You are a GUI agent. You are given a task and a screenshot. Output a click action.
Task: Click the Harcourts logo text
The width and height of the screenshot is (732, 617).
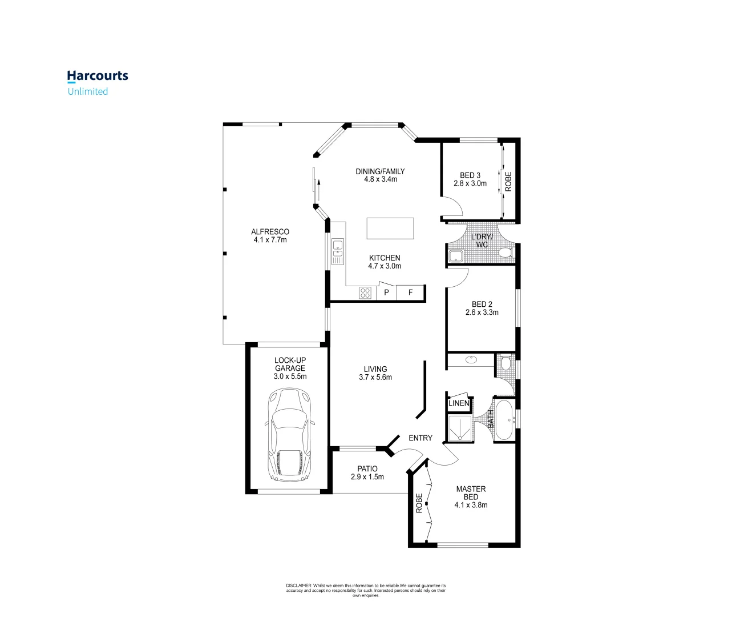coord(98,76)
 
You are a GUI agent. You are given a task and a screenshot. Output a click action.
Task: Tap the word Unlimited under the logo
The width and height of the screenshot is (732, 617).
coord(88,91)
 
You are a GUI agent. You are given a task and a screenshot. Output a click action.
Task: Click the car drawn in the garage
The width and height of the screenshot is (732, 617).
coord(290,434)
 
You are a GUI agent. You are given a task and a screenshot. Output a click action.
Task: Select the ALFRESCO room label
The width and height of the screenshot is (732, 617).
coord(270,232)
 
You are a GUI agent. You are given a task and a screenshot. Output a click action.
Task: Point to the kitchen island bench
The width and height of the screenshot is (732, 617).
coord(390,228)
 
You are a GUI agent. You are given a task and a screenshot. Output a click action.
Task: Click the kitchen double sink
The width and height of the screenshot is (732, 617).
coord(338,252)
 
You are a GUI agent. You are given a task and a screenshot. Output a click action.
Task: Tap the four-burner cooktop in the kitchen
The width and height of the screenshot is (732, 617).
coord(365,293)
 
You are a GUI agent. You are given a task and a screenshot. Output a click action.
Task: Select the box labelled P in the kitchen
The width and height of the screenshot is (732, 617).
coord(386,293)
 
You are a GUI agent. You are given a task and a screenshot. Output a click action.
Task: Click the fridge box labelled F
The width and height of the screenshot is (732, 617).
coord(410,293)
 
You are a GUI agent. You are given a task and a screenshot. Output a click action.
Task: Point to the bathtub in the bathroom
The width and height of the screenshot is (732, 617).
coord(504,420)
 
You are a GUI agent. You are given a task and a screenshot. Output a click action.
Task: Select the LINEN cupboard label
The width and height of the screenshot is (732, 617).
coord(459,403)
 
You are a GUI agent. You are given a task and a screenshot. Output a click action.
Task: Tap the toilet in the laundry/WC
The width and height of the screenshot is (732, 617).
coord(505,253)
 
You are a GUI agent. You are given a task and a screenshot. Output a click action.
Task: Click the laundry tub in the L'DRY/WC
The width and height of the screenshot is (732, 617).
coord(456,255)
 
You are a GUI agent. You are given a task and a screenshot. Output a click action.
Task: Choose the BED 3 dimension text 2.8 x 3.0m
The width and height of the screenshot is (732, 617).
coord(470,183)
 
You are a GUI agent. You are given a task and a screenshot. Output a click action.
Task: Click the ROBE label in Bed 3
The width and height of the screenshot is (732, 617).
coord(508,181)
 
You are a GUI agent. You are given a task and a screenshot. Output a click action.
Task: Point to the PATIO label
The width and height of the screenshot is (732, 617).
coord(367,468)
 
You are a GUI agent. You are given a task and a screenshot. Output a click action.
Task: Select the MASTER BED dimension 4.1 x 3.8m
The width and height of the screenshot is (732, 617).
coord(471,505)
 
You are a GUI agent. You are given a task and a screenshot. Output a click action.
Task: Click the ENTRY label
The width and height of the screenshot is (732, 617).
coord(420,438)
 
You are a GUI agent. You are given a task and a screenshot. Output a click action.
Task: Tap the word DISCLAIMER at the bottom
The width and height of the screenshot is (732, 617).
coord(298,586)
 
